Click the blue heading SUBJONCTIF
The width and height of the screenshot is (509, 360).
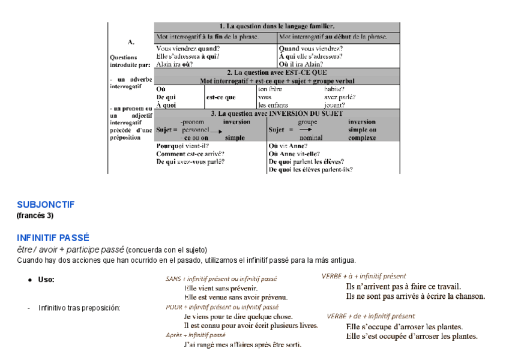(x=46, y=205)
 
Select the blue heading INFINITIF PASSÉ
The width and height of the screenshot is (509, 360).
(x=53, y=238)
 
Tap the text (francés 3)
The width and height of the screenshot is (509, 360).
(x=35, y=215)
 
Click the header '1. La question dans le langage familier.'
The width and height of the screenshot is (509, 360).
(x=277, y=26)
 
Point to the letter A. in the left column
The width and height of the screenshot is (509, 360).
(x=131, y=43)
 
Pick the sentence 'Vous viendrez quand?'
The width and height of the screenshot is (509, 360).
(x=187, y=48)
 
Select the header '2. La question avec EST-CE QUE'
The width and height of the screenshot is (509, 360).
(x=277, y=73)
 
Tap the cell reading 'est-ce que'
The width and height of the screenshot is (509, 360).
(x=221, y=97)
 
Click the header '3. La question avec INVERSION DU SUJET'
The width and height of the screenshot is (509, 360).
(x=277, y=113)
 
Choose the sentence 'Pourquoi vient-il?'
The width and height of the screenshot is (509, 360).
(x=182, y=145)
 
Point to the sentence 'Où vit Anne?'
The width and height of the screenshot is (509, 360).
(x=288, y=145)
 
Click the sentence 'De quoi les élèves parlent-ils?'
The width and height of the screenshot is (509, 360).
(x=310, y=169)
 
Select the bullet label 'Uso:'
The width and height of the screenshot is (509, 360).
(x=46, y=280)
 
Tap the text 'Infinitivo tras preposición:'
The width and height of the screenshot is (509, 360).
(x=79, y=308)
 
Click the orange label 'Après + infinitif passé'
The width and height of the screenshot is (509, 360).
(x=196, y=335)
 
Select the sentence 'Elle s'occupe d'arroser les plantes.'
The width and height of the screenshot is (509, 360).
(x=405, y=327)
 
